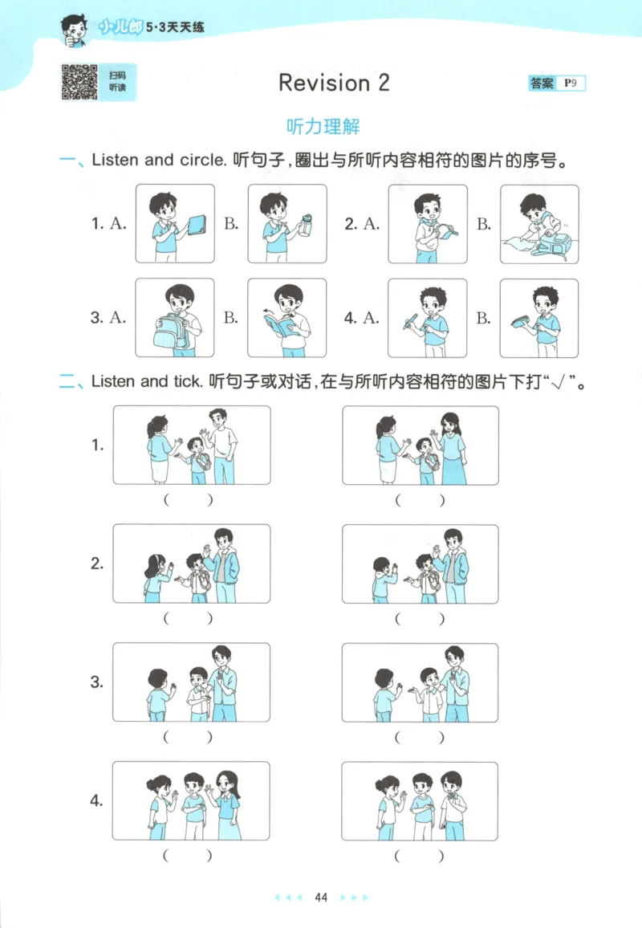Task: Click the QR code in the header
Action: click(x=79, y=83)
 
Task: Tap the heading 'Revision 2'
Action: click(x=333, y=83)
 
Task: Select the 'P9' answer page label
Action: click(x=572, y=83)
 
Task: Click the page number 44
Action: click(x=322, y=897)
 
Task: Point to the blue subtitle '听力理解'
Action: click(x=323, y=127)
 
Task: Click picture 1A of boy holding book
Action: click(x=175, y=224)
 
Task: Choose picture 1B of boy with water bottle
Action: click(x=287, y=224)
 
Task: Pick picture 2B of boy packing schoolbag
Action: click(x=539, y=224)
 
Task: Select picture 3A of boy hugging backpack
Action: click(x=175, y=318)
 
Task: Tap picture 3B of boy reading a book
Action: click(x=287, y=318)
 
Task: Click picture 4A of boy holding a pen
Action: click(x=428, y=318)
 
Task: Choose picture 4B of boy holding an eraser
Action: click(x=539, y=318)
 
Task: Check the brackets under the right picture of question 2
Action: click(x=419, y=619)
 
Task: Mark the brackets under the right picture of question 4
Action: click(x=419, y=856)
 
